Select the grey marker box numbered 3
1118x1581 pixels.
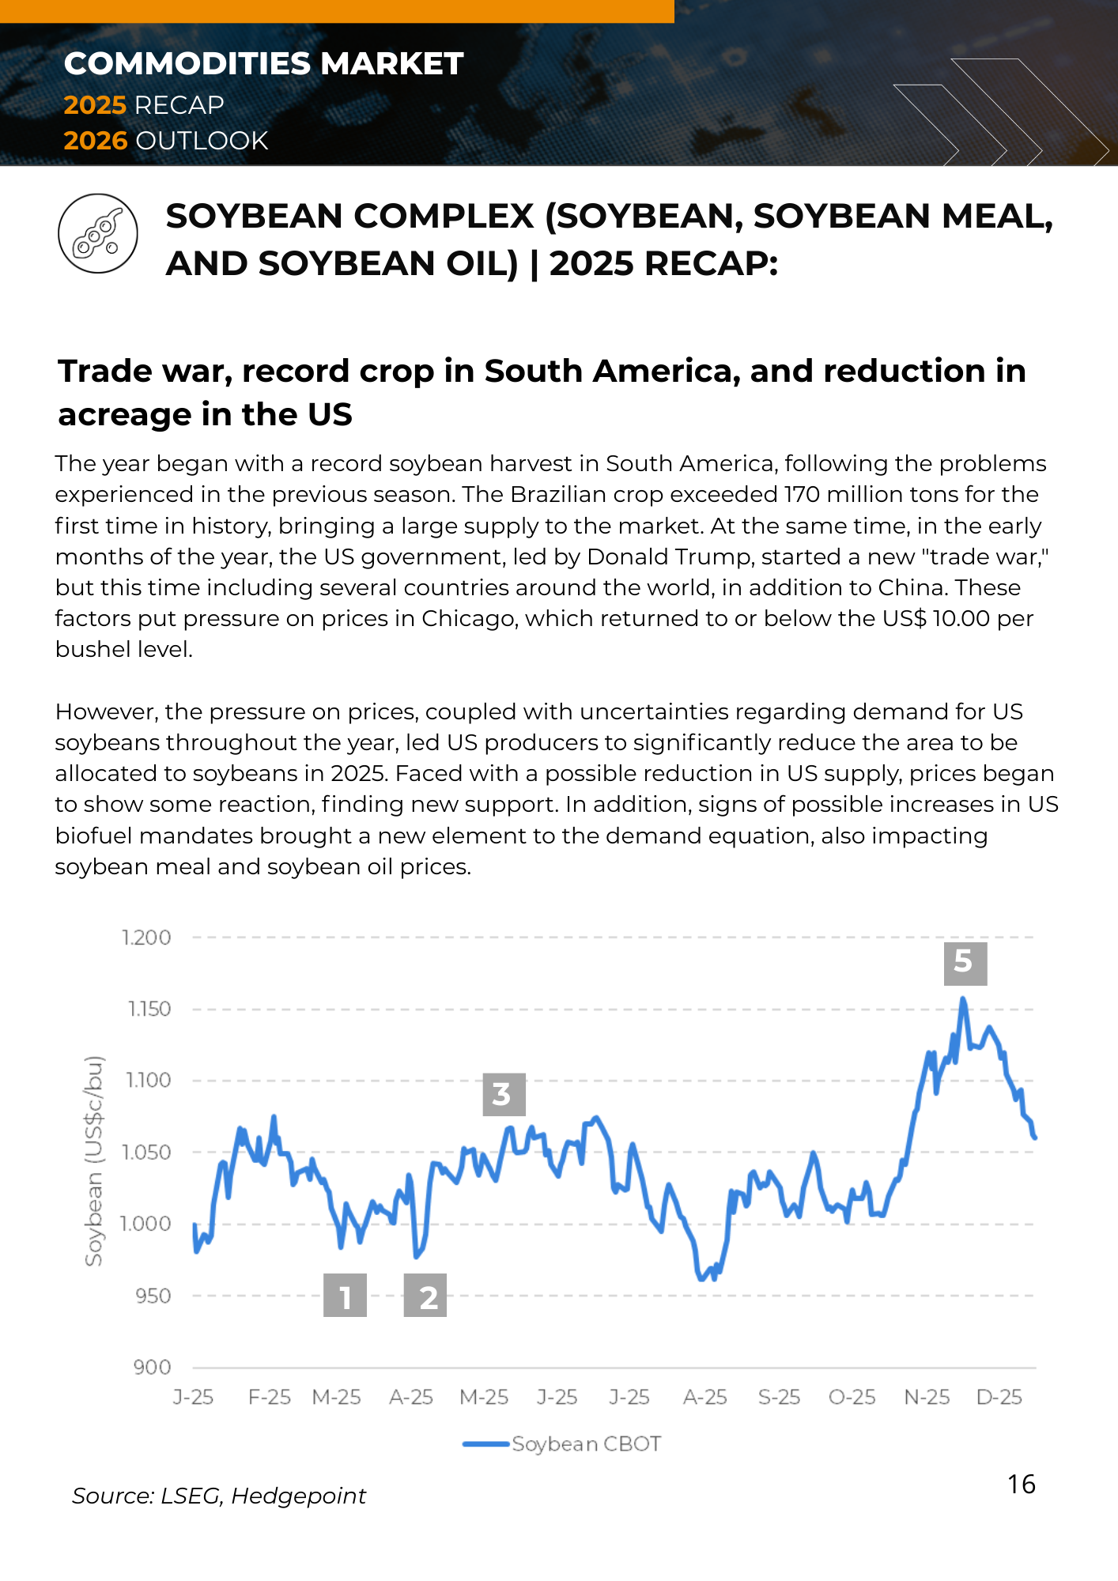[504, 1094]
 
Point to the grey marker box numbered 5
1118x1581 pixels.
[965, 963]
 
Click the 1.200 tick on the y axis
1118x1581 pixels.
[146, 938]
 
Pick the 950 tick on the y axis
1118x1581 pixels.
[153, 1296]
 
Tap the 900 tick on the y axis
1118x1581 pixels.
[153, 1368]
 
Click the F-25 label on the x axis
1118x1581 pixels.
[270, 1398]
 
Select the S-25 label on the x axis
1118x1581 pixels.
[779, 1398]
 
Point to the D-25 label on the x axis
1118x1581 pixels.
[999, 1398]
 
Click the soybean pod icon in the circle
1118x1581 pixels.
[98, 234]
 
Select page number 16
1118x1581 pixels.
[1022, 1485]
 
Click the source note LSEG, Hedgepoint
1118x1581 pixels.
[219, 1496]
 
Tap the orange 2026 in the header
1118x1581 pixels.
[95, 141]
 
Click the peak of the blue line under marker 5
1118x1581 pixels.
[963, 1000]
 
